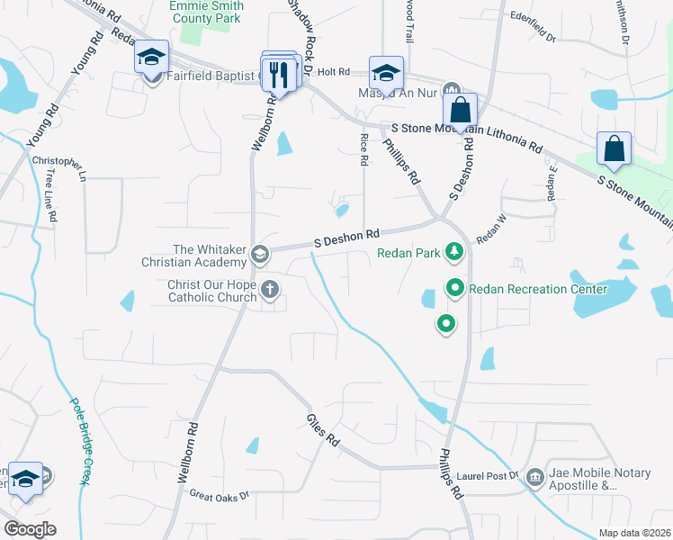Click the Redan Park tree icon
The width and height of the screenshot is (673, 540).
(455, 251)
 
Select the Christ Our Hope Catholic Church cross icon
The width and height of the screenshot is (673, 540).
(269, 289)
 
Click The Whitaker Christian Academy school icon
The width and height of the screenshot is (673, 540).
(259, 254)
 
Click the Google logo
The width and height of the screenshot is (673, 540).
(30, 529)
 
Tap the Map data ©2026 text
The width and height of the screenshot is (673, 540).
(635, 532)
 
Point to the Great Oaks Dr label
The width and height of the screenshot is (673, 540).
(219, 494)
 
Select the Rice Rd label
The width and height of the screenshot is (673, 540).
(364, 148)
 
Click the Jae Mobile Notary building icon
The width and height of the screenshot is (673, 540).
(534, 474)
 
